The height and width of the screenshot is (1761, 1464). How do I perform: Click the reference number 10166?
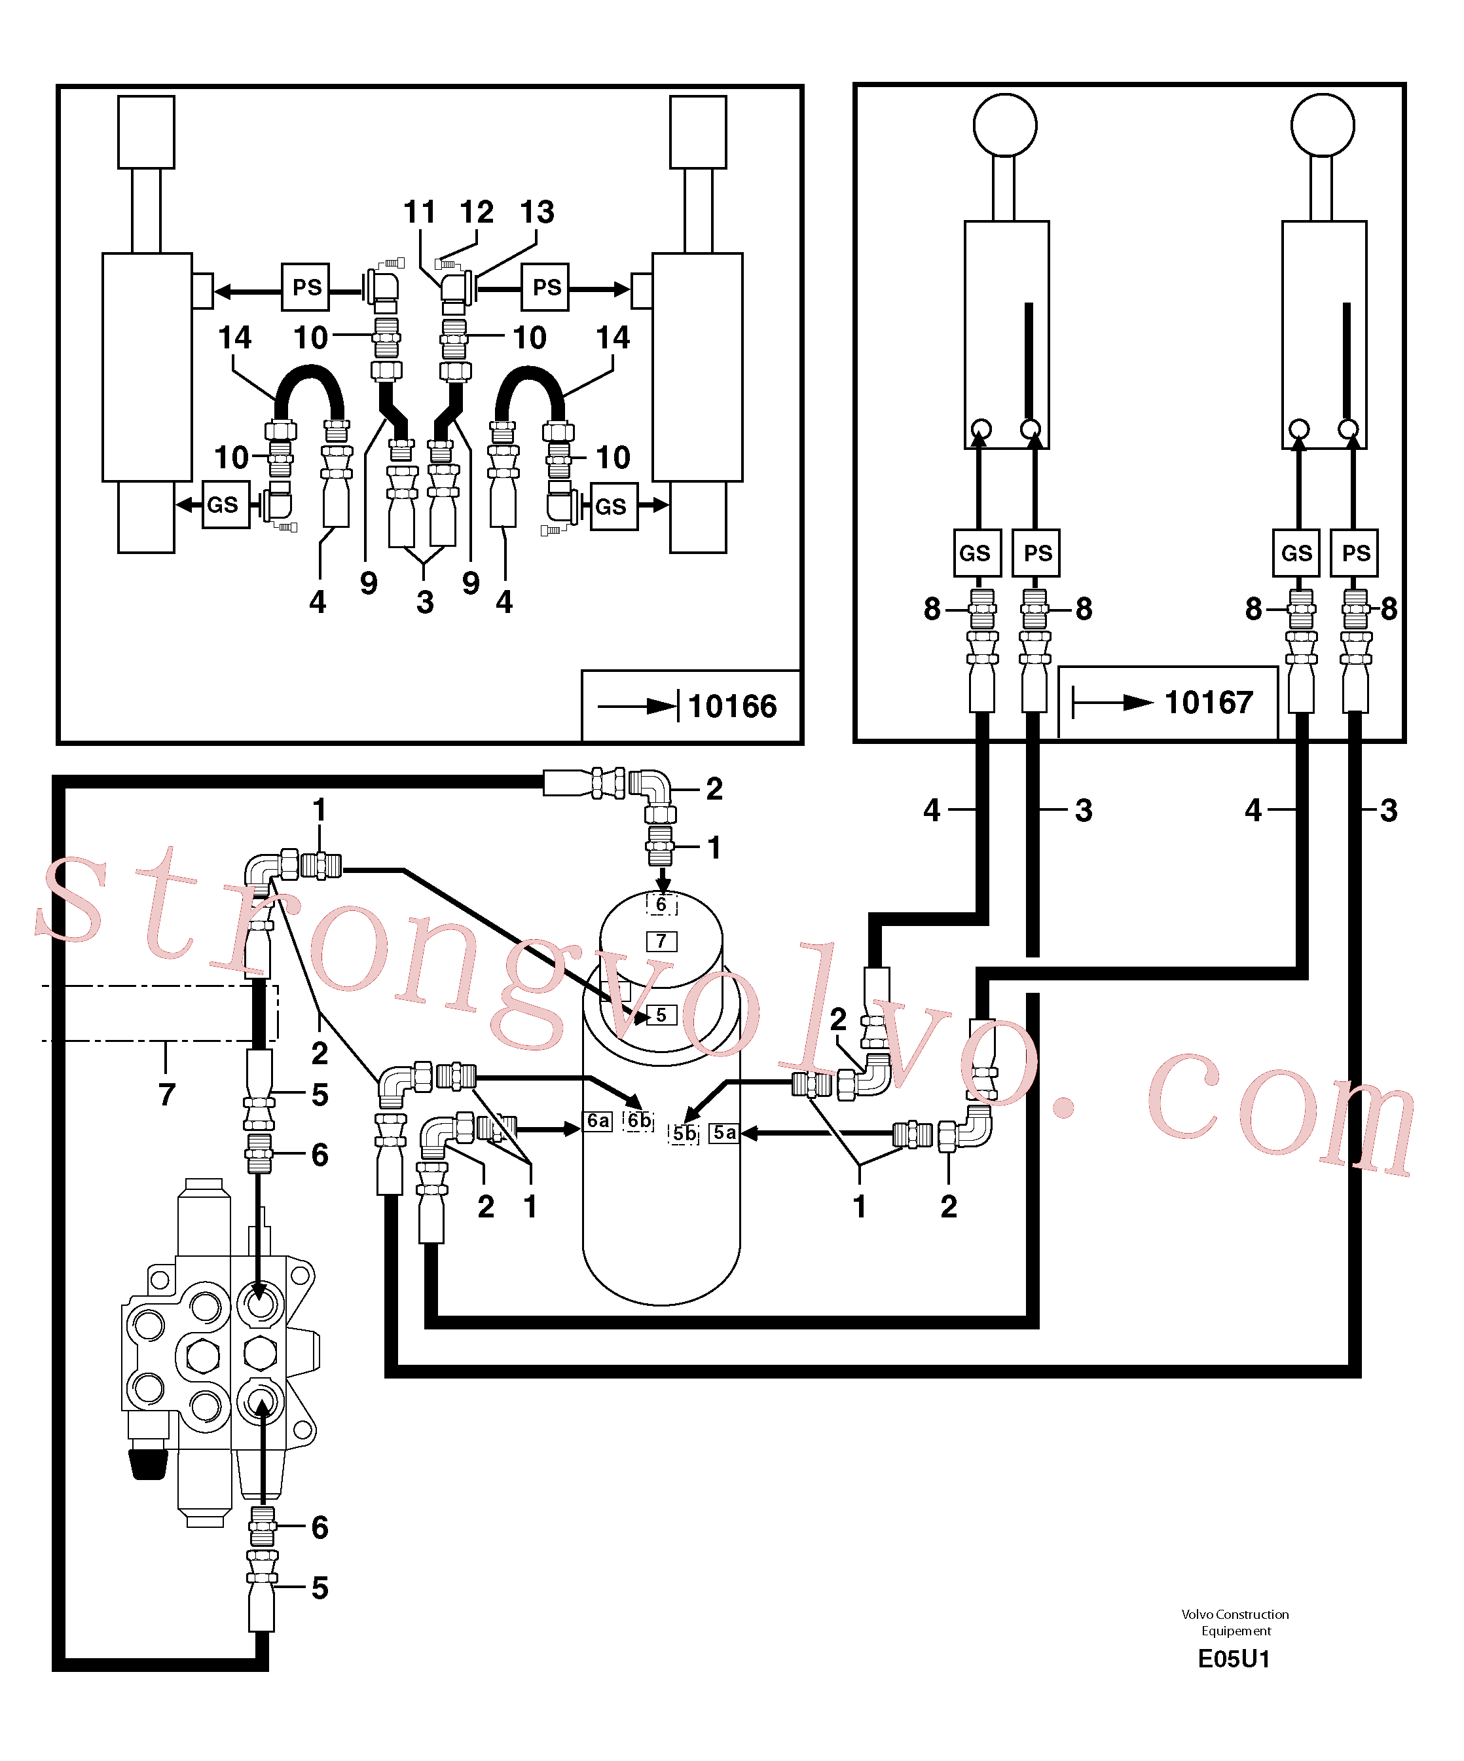tap(732, 706)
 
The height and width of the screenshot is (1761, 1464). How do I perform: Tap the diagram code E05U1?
tap(1234, 1659)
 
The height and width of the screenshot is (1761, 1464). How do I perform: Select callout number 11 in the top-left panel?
tap(419, 212)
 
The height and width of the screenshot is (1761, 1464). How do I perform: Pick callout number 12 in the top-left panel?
tap(476, 212)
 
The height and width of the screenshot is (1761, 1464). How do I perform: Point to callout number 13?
tap(537, 212)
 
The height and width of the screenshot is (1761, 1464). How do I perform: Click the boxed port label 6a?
tap(598, 1121)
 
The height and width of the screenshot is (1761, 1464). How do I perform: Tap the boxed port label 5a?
tap(724, 1133)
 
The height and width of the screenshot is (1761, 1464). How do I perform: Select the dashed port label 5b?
tap(684, 1134)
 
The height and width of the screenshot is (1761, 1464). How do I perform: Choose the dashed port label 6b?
tap(639, 1121)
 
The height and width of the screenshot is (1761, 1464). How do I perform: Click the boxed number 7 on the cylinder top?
tap(661, 941)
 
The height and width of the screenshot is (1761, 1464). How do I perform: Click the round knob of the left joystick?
tap(1004, 125)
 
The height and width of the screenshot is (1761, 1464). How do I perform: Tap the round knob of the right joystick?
tap(1323, 125)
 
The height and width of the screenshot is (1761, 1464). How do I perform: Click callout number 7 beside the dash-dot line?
tap(167, 1094)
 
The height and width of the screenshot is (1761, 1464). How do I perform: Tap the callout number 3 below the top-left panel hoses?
tap(425, 602)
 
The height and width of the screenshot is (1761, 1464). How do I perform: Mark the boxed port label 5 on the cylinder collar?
tap(661, 1014)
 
